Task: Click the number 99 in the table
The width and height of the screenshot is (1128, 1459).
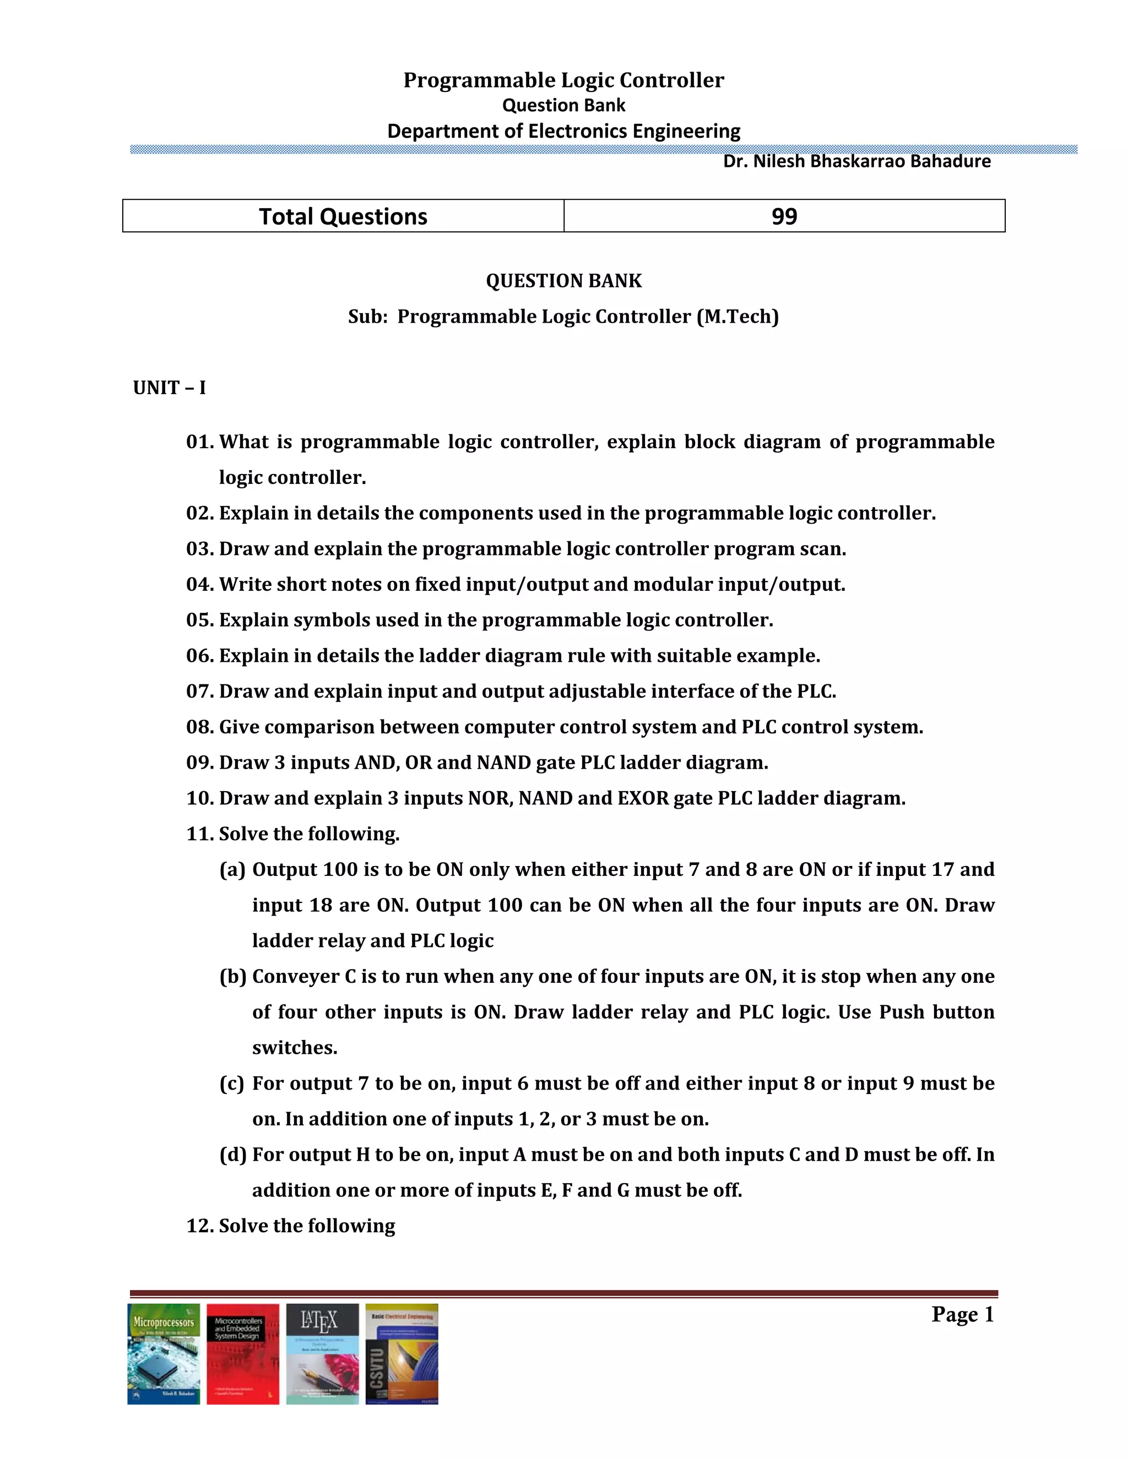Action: [x=784, y=216]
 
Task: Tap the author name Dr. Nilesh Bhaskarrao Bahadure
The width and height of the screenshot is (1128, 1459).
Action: [x=856, y=162]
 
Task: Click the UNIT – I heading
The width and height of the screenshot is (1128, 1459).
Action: [x=169, y=388]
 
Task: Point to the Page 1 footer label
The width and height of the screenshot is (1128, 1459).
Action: [x=962, y=1315]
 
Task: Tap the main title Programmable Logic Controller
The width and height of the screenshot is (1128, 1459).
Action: [x=563, y=80]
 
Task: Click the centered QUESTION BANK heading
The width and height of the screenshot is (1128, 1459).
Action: [x=563, y=281]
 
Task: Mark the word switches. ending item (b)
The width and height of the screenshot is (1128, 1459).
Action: [x=295, y=1048]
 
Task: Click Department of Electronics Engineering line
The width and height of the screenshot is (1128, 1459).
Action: [x=563, y=131]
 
